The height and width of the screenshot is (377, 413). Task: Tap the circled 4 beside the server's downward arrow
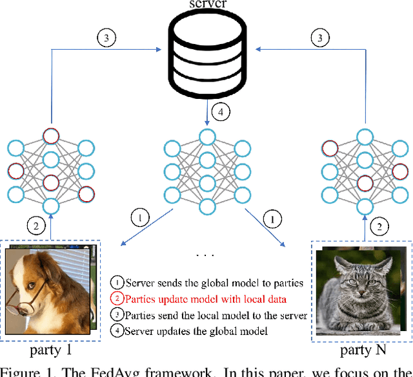(x=221, y=112)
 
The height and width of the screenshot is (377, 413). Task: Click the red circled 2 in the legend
(x=117, y=299)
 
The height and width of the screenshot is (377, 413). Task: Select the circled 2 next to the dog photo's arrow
(x=35, y=226)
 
